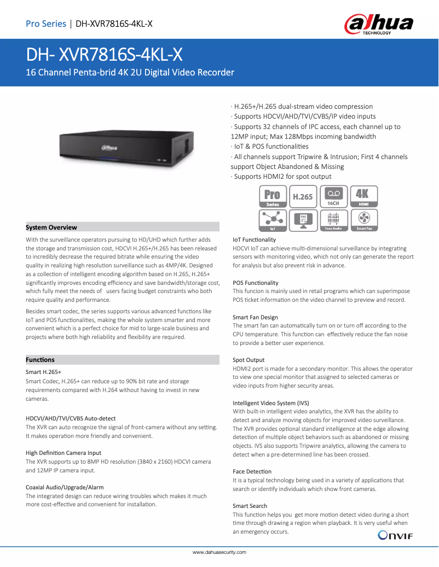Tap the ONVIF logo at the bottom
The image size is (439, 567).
[395, 535]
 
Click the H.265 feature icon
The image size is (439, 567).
[303, 197]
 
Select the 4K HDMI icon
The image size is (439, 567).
[363, 197]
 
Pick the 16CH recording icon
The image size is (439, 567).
[333, 197]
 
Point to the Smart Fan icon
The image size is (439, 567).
[363, 221]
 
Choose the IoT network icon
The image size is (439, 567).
[273, 221]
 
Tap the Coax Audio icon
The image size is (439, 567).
[333, 221]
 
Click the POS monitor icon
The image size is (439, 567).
[303, 221]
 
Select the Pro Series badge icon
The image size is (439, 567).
[273, 197]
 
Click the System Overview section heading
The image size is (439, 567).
[51, 227]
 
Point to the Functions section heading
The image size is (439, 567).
[40, 360]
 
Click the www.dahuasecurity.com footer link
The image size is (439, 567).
[220, 552]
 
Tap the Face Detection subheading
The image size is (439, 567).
[252, 471]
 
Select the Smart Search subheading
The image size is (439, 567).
[250, 506]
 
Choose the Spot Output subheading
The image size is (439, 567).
[249, 360]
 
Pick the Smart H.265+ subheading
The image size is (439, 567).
[44, 372]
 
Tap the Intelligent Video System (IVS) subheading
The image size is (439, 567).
[271, 403]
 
